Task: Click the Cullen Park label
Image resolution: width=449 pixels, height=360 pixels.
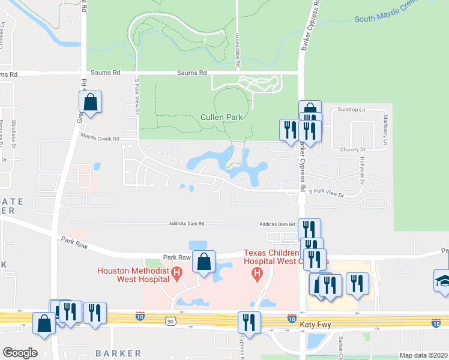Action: [x=221, y=117]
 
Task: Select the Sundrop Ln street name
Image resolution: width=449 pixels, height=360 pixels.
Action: [x=351, y=110]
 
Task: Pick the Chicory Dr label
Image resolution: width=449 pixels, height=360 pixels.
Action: [x=353, y=149]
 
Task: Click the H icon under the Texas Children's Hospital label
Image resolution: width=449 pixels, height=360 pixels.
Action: [x=257, y=275]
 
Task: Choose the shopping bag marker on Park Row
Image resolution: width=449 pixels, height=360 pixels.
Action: [x=204, y=262]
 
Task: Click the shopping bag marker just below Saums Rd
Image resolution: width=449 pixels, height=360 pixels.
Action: [x=90, y=103]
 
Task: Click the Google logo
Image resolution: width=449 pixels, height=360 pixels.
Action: [x=20, y=353]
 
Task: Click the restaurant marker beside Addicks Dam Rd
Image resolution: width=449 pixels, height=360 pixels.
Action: [x=309, y=229]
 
